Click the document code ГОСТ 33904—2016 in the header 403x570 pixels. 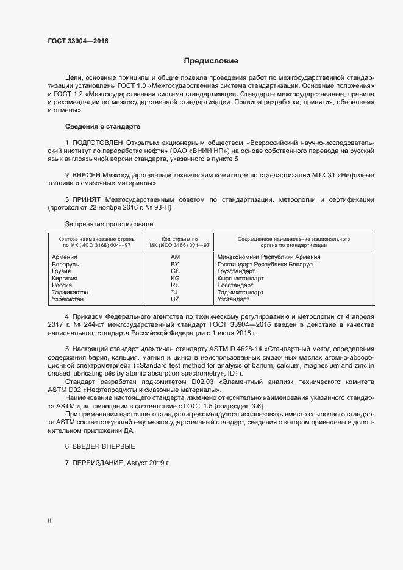click(79, 41)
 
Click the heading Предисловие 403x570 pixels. click(211, 61)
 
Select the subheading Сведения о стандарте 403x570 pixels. click(102, 126)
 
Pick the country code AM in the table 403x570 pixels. click(175, 257)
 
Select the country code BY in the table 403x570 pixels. click(175, 265)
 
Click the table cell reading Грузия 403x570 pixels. click(63, 271)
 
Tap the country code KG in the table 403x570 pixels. click(175, 279)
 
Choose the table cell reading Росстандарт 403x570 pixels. click(235, 285)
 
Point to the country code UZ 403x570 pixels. click(175, 299)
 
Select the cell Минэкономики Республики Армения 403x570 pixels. click(269, 257)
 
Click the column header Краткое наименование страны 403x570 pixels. click(93, 238)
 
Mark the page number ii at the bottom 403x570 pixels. click(49, 521)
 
